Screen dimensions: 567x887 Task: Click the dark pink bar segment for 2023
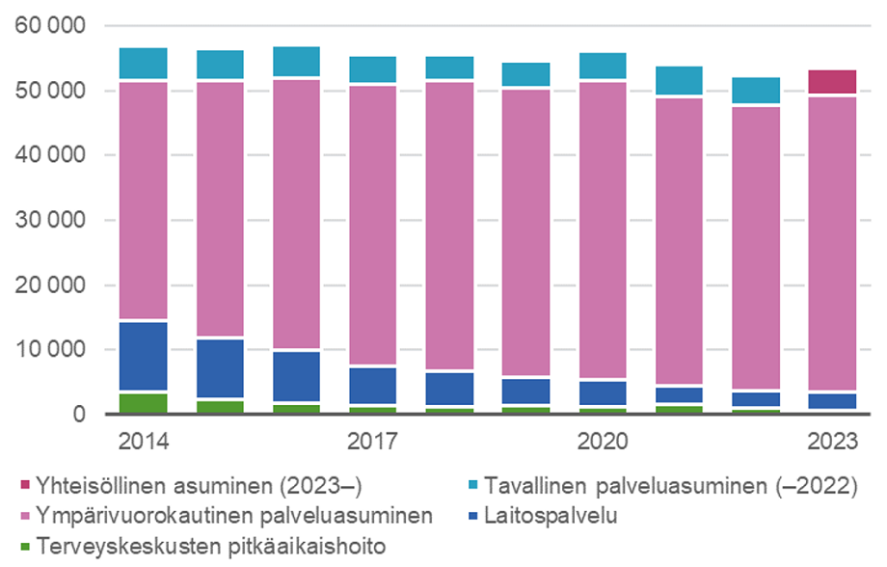[832, 82]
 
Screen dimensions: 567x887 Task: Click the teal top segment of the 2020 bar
[603, 66]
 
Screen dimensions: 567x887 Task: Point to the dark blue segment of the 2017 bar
[373, 385]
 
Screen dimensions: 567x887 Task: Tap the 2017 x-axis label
[373, 442]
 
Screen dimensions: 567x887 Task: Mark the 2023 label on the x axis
[832, 442]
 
